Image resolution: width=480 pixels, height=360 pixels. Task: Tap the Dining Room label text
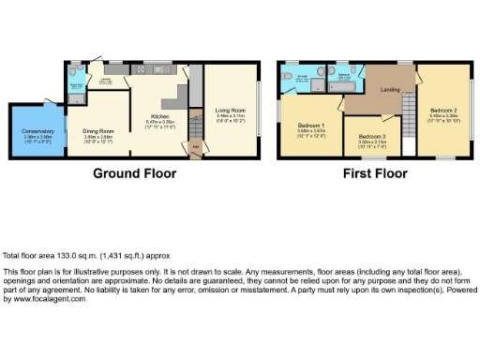pos(97,133)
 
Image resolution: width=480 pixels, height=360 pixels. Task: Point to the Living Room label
pos(231,114)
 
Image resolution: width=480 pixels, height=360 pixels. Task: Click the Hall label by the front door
pos(196,146)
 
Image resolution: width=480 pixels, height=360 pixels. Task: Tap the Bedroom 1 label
pos(311,125)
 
